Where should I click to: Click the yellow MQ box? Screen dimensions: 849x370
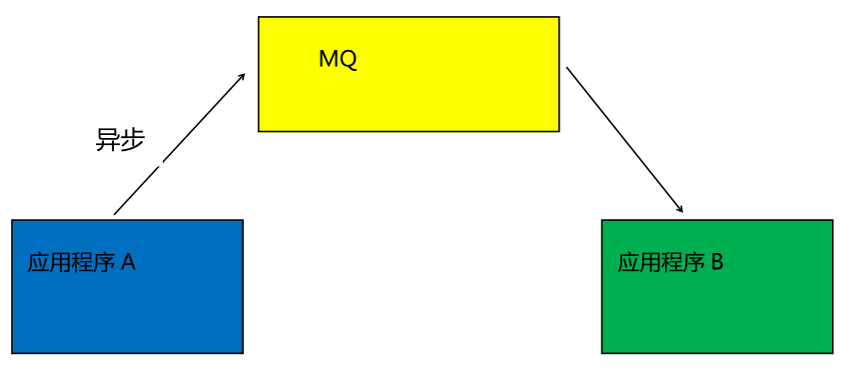coord(409,90)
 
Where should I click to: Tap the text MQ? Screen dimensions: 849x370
coord(338,59)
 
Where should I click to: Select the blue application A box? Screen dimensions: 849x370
coord(127,300)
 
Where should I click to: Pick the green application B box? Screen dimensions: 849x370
coord(716,300)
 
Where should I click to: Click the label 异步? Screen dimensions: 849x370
coord(120,140)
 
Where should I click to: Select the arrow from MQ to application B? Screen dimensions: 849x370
coord(624,140)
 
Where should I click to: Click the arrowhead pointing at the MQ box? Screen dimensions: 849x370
coord(242,76)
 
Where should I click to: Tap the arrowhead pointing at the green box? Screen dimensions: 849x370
coord(679,209)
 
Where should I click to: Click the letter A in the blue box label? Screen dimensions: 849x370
coord(128,263)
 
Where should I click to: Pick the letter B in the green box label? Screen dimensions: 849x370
coord(716,263)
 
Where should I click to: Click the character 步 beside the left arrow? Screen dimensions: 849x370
coord(132,140)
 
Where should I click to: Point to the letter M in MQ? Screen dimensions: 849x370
coord(329,59)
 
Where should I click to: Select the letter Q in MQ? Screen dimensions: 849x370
coord(348,60)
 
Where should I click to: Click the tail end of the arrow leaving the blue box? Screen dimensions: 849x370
coord(116,213)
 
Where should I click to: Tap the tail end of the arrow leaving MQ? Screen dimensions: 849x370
coord(568,69)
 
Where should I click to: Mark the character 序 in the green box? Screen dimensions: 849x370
coord(694,263)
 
